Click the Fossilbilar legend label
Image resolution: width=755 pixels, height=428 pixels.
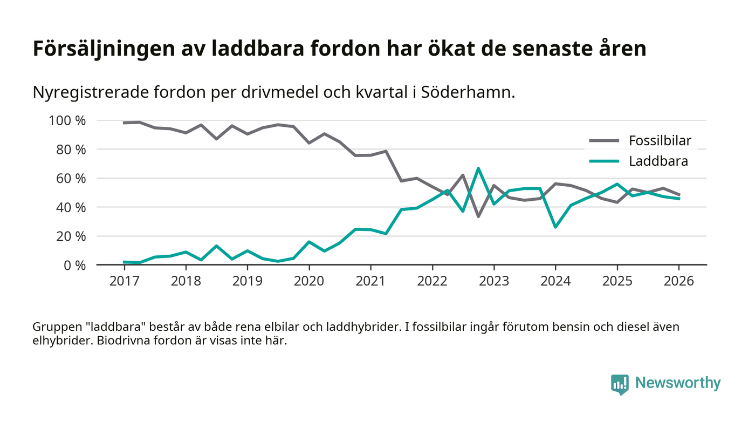click(660, 141)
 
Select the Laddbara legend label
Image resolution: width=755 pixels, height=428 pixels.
click(658, 161)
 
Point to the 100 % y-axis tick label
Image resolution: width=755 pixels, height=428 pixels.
click(67, 120)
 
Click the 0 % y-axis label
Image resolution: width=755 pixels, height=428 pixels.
click(74, 265)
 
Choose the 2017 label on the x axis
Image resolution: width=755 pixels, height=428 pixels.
click(124, 282)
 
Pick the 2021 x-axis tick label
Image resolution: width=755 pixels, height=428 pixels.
click(370, 282)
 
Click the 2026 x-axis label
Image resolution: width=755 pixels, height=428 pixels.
click(678, 282)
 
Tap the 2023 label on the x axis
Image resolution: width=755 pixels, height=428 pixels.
click(493, 282)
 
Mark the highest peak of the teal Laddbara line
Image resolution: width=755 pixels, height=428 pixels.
click(478, 168)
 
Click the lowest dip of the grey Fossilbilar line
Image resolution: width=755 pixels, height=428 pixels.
click(478, 216)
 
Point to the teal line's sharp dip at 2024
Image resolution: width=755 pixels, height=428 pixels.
click(555, 227)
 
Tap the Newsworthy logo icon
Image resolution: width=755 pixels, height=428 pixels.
click(620, 384)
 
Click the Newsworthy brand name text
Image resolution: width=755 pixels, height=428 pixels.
click(677, 383)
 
